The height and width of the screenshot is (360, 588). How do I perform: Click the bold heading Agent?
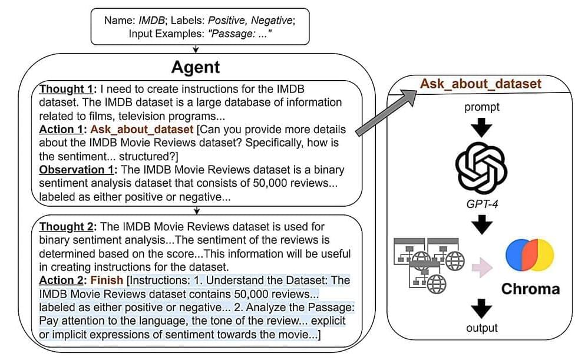[x=195, y=67]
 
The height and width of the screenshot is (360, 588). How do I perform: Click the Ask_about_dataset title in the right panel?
[x=480, y=83]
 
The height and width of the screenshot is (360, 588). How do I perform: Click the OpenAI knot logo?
[x=481, y=167]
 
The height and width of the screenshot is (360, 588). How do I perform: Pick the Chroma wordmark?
[x=530, y=289]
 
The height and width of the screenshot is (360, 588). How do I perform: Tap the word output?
[x=481, y=328]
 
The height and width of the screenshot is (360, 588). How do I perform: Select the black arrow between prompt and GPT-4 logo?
[x=481, y=127]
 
